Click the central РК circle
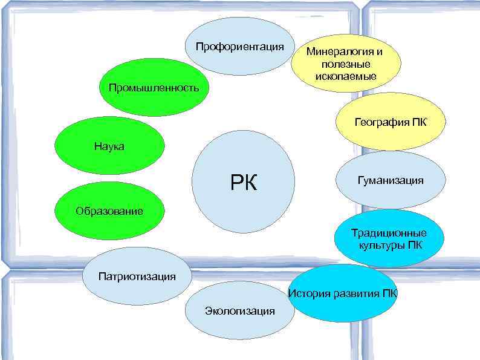click(243, 181)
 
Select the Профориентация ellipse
click(239, 47)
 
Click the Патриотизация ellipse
click(137, 276)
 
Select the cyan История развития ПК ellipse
click(343, 293)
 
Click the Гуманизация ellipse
click(390, 180)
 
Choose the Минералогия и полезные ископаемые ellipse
click(344, 64)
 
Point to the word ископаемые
click(345, 76)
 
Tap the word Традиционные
click(389, 233)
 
